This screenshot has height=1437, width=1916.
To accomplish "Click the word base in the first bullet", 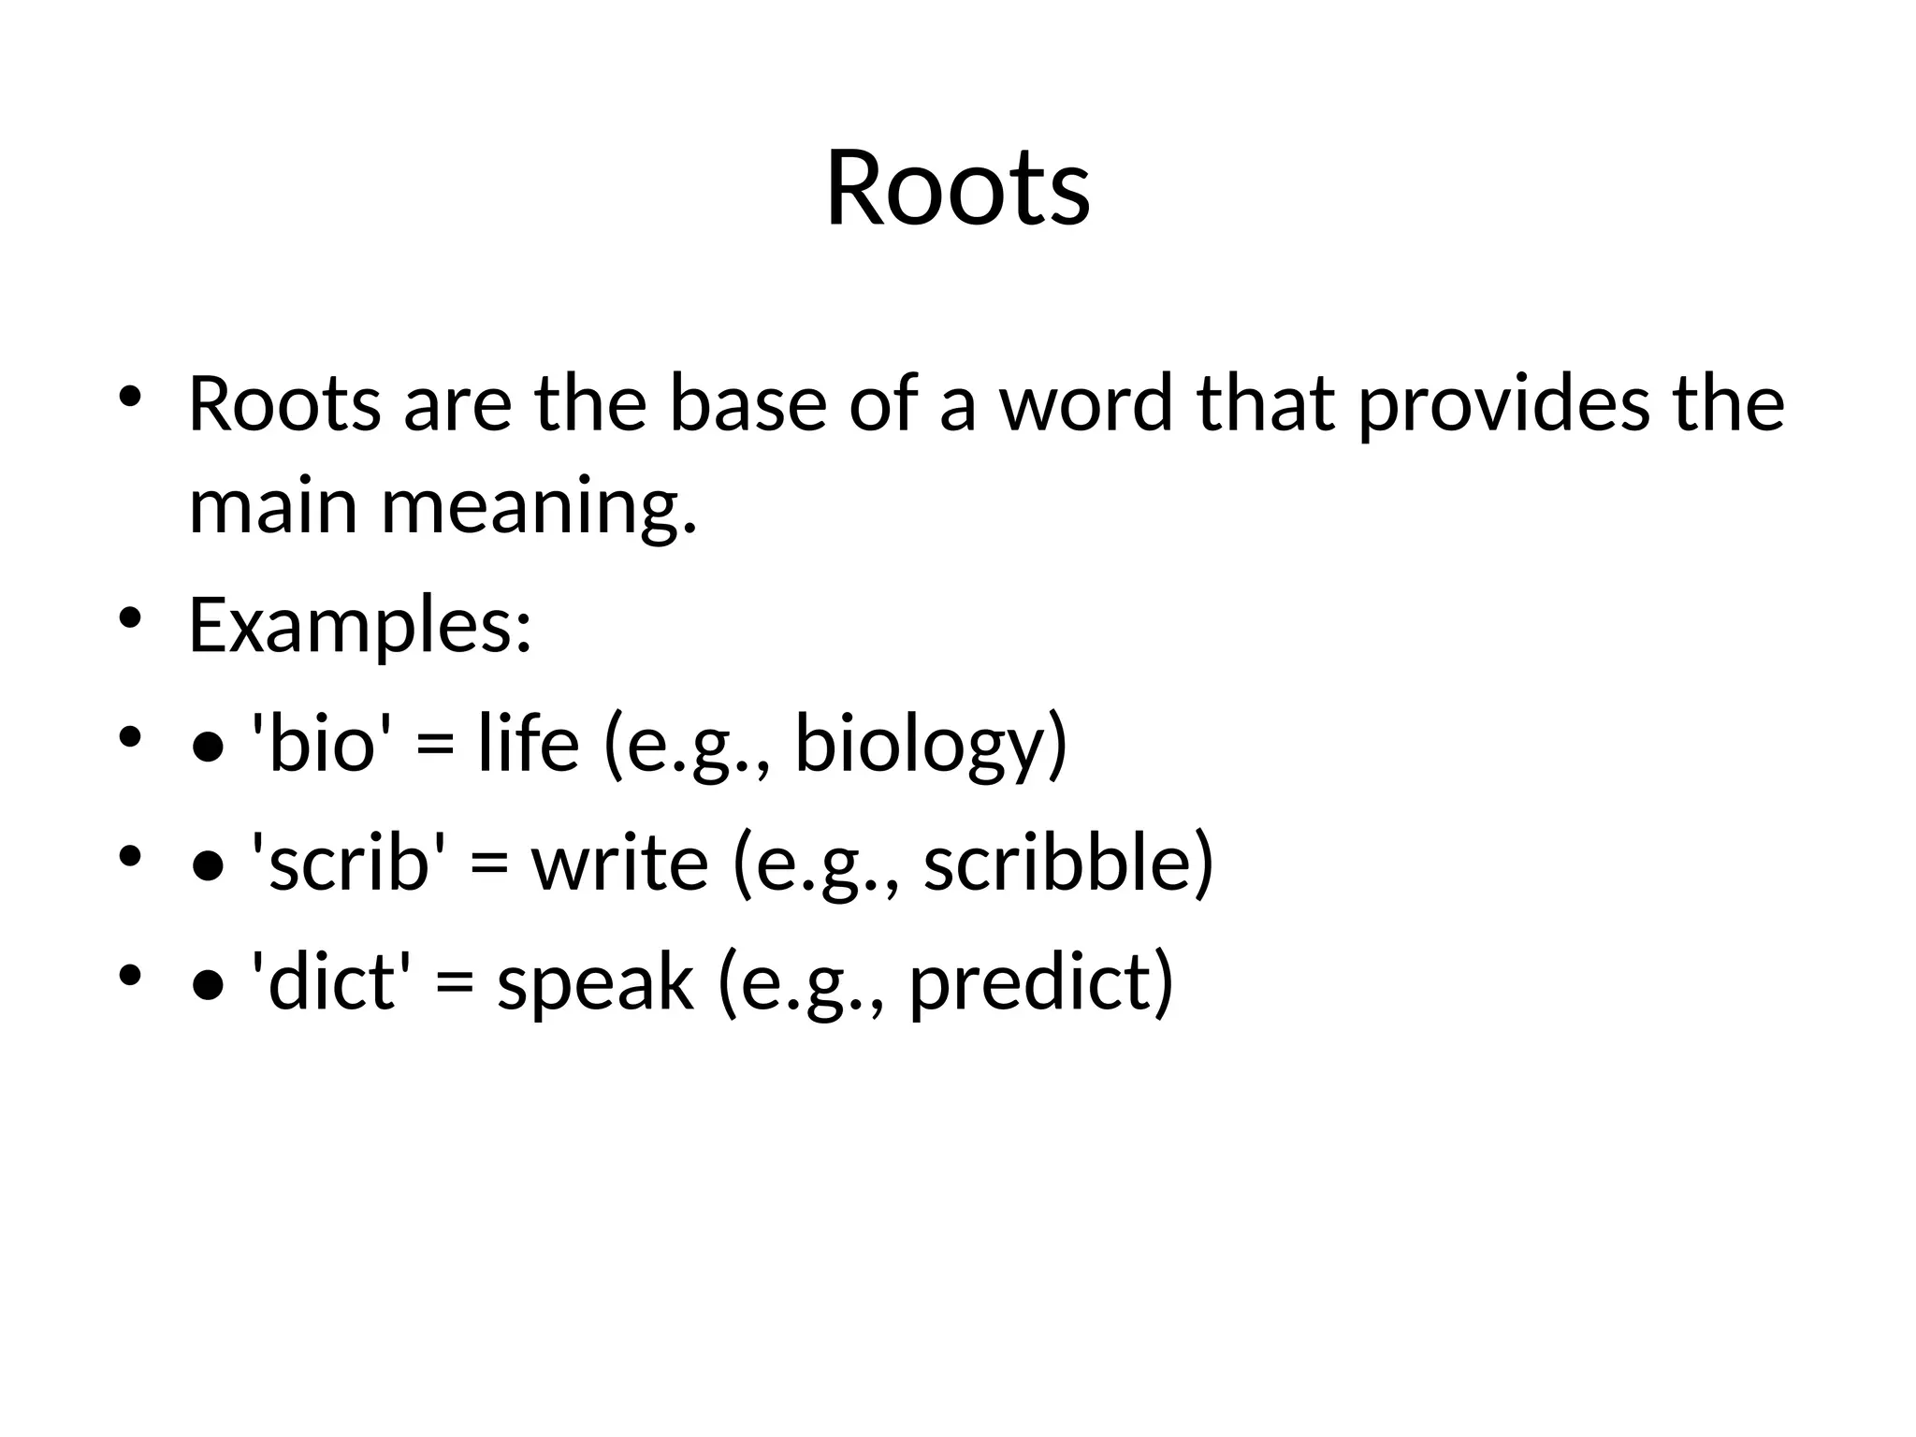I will [x=748, y=404].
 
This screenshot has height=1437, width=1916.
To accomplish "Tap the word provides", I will [x=1503, y=404].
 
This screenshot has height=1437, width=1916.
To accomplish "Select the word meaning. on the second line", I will [x=539, y=507].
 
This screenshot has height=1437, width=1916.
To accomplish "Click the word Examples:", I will [x=360, y=625].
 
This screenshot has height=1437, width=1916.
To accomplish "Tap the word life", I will [x=528, y=743].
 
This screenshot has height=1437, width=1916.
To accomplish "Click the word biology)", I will [x=930, y=743].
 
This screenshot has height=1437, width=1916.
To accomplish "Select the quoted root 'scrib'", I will [x=349, y=862].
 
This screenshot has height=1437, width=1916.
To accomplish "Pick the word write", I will [x=619, y=862].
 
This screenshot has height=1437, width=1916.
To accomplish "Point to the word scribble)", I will [x=1067, y=862].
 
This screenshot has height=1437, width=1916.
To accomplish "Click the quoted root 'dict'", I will [x=331, y=981].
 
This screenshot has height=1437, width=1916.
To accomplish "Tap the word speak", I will [x=595, y=981].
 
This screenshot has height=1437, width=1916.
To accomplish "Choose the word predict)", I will [x=1040, y=981].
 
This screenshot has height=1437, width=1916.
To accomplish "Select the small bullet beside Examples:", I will [x=130, y=617].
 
